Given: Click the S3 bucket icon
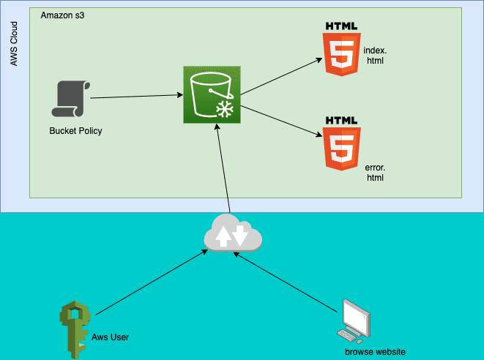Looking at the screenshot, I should [212, 95].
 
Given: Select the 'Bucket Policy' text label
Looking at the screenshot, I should [75, 131].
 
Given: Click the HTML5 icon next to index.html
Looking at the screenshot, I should [342, 48].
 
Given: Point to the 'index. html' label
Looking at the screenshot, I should [374, 56].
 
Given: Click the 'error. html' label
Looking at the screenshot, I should [375, 173].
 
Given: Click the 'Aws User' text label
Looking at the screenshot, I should [111, 337].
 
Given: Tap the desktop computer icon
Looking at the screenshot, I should [353, 321].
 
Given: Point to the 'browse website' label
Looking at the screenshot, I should [375, 352].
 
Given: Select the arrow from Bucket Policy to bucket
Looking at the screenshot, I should [135, 96].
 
